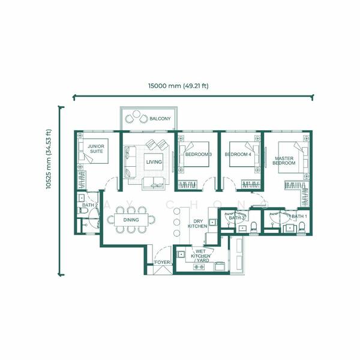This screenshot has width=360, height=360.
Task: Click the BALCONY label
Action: point(160,119)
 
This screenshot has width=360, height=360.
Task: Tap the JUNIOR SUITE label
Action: point(96,149)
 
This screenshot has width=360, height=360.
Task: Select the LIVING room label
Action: point(154,162)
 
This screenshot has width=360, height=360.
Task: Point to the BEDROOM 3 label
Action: point(199,155)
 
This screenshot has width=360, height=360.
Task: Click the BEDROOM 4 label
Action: point(238,155)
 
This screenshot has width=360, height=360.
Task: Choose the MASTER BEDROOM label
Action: point(284,161)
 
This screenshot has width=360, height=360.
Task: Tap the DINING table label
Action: point(131,220)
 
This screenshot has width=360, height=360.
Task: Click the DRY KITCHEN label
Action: point(197,224)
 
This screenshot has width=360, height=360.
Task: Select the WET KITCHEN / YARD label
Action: point(200,256)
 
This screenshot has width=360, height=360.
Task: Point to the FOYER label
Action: point(163,262)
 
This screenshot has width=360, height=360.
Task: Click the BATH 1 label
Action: point(299,217)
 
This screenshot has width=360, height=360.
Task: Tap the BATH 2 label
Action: point(90,205)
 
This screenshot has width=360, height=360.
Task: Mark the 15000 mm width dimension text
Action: point(178,86)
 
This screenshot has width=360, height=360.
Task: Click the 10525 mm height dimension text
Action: point(49,160)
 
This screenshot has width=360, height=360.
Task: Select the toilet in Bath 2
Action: point(83,211)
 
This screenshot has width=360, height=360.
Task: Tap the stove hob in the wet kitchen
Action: point(199,267)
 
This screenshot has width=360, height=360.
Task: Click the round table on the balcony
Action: point(136,113)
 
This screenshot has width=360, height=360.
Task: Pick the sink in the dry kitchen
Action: point(212,222)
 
